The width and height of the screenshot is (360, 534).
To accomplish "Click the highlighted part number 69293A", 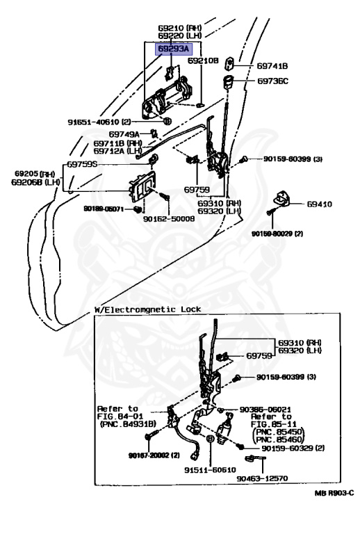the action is click(x=174, y=49).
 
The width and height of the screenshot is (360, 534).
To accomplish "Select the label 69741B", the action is click(x=272, y=66).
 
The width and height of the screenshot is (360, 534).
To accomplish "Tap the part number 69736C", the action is click(x=272, y=81).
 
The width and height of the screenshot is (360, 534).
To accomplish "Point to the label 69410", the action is click(x=319, y=204).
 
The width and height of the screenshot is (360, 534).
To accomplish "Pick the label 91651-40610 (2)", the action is click(x=99, y=122).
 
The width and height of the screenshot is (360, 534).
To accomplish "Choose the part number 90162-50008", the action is click(x=169, y=218).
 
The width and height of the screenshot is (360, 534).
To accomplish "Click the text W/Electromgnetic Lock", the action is click(x=147, y=309).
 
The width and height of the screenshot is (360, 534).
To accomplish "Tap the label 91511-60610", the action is click(x=210, y=470).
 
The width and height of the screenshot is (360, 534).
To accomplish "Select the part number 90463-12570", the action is click(x=262, y=478).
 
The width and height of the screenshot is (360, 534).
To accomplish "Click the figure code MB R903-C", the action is click(x=334, y=493).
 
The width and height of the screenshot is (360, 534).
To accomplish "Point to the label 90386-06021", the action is click(x=265, y=410).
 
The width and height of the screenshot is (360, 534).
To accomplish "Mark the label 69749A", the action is click(x=124, y=134).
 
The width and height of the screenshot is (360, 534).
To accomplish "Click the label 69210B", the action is click(x=203, y=60).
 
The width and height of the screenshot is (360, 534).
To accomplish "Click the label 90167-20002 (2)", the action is click(x=154, y=455).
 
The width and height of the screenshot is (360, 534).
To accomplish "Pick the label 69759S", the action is click(x=82, y=164).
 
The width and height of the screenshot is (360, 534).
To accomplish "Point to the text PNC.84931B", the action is click(x=128, y=424).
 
